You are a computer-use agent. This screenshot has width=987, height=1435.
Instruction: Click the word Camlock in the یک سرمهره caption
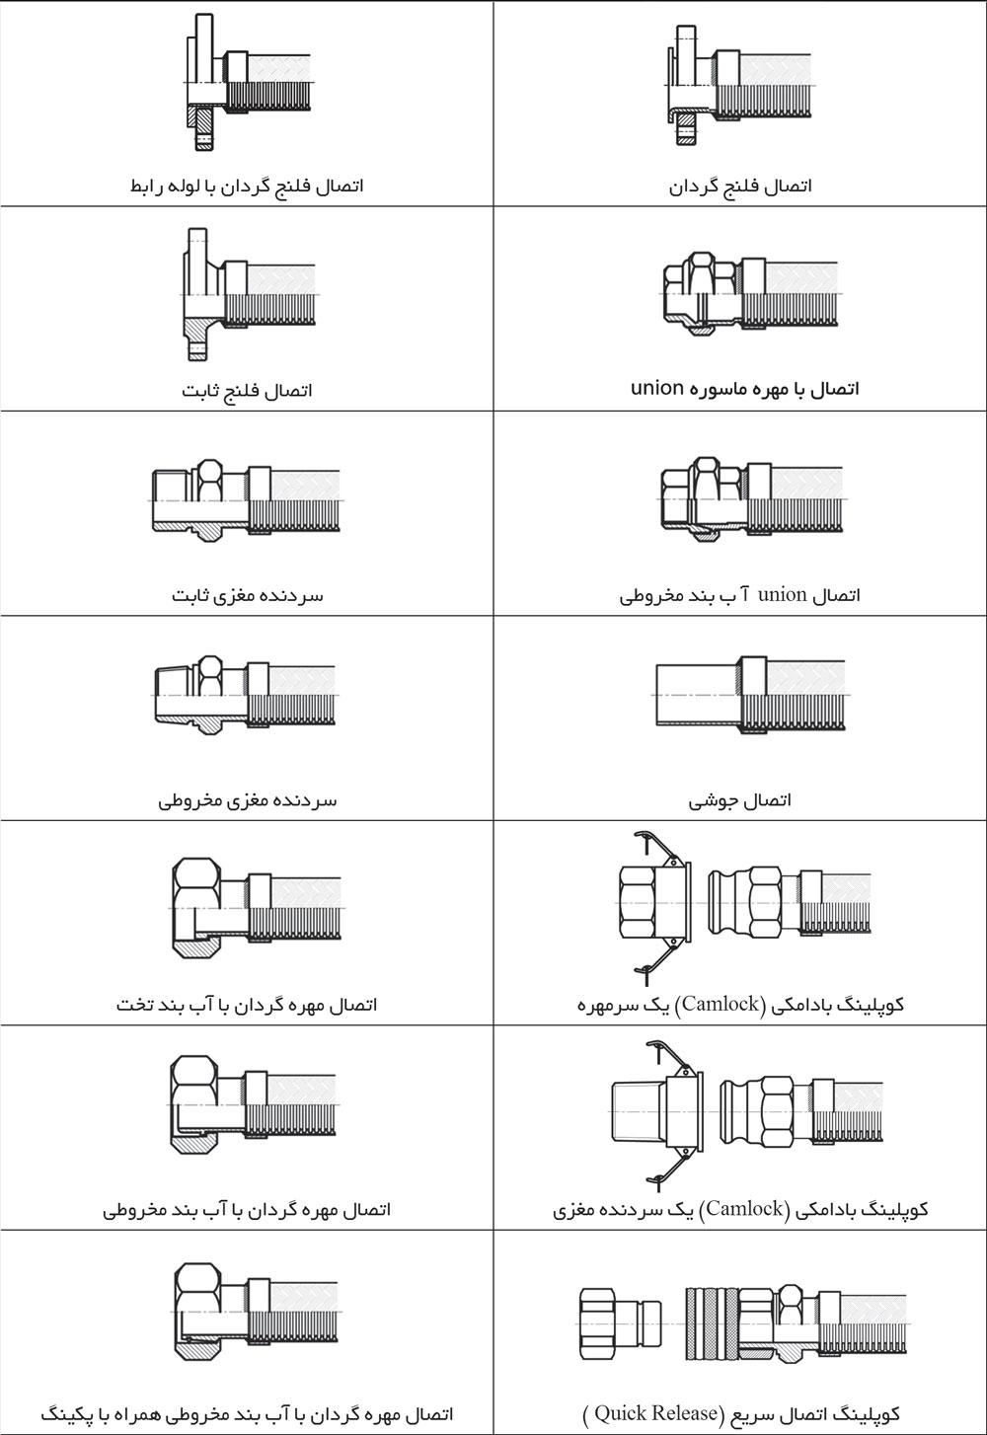click(720, 1004)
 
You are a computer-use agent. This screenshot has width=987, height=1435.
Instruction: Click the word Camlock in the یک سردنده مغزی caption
click(745, 1209)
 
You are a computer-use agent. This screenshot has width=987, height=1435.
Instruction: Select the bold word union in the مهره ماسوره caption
click(657, 388)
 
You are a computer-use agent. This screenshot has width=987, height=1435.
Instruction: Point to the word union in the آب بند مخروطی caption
click(782, 595)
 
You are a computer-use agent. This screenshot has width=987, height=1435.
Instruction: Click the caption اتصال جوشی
click(740, 800)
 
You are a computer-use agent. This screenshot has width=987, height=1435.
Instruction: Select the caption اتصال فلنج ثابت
click(247, 390)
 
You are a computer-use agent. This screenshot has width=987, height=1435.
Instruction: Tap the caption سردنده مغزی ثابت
click(247, 596)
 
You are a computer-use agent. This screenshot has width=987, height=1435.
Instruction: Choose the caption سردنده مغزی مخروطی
click(247, 800)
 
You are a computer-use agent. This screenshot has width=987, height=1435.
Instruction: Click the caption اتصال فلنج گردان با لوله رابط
click(247, 186)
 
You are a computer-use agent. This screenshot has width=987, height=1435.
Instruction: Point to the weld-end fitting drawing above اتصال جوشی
click(749, 695)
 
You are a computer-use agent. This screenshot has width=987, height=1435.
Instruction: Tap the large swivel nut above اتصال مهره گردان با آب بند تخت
click(197, 908)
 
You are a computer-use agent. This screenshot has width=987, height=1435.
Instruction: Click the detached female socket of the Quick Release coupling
click(621, 1324)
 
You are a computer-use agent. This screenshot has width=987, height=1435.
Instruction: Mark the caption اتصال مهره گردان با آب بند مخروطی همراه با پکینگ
click(247, 1414)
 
